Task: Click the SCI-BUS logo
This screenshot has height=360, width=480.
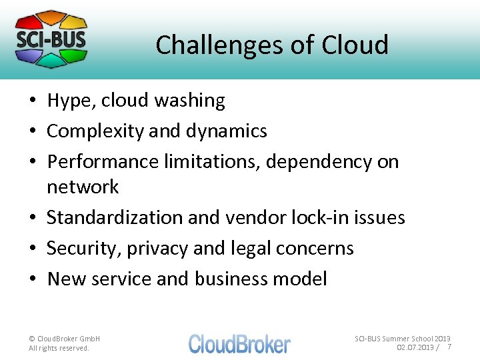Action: tap(51, 39)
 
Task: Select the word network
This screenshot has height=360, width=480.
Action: tap(82, 187)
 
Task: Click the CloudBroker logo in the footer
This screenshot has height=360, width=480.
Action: tap(239, 343)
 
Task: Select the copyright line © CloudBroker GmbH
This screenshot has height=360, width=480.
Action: tap(65, 339)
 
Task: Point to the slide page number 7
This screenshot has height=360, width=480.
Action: tap(449, 347)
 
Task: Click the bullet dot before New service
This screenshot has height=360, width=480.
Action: tap(33, 279)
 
